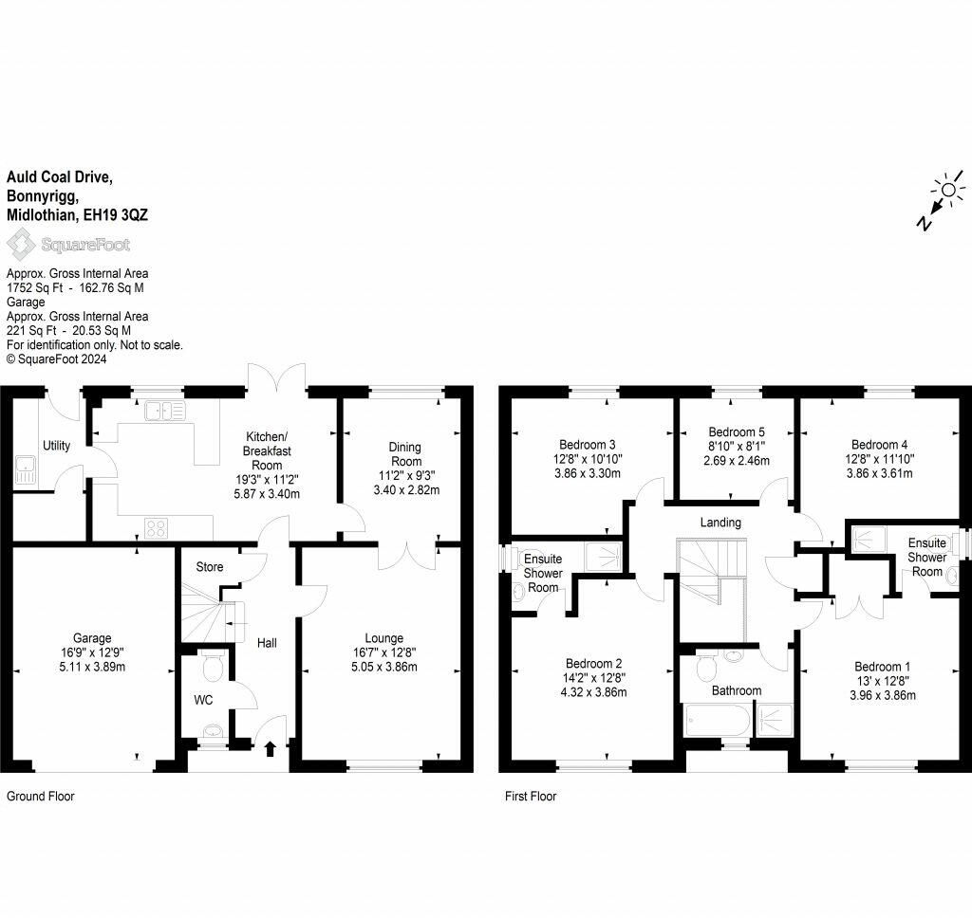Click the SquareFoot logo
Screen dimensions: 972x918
click(68, 244)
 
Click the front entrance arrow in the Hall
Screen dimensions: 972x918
click(271, 749)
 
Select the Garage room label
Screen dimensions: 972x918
click(92, 638)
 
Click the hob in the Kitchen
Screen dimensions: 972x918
click(157, 528)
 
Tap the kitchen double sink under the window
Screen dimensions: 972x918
click(165, 410)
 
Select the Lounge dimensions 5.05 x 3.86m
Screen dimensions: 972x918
click(383, 667)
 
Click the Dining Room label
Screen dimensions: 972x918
click(406, 454)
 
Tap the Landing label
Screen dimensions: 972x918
click(720, 523)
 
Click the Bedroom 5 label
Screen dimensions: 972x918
click(737, 431)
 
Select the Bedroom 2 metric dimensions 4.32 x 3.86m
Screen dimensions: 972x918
click(593, 692)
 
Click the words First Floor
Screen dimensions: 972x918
click(531, 796)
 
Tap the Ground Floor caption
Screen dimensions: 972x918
click(40, 796)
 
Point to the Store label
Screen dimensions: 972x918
click(210, 567)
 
